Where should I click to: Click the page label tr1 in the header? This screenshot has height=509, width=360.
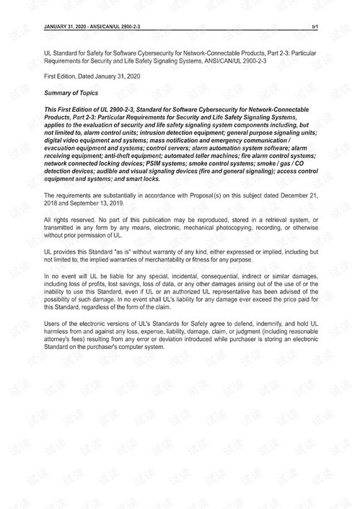pyautogui.click(x=315, y=26)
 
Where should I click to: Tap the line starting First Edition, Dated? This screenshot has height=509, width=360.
pyautogui.click(x=92, y=76)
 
